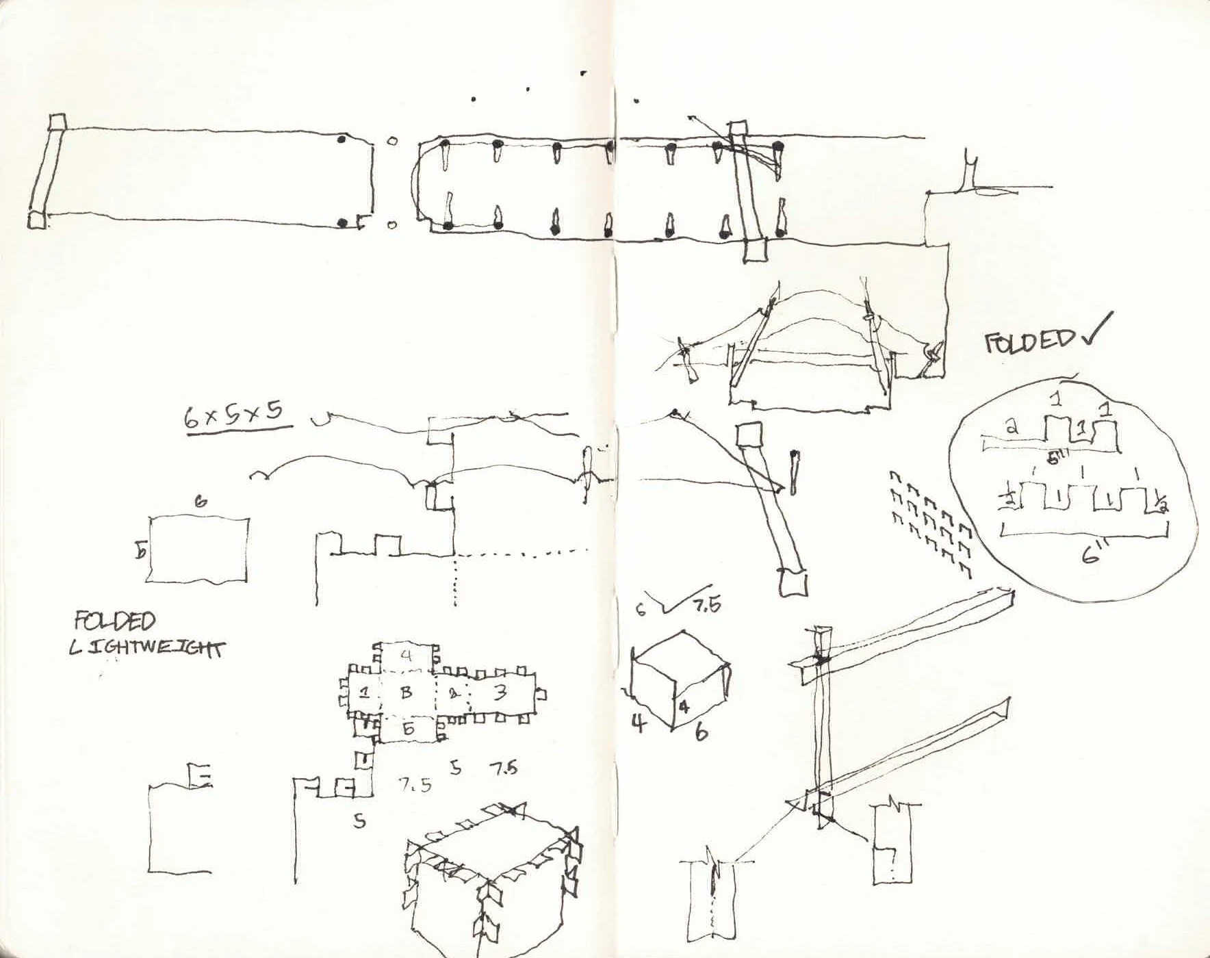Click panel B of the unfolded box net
click(406, 692)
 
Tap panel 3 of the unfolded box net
click(500, 692)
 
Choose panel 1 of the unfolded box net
click(365, 692)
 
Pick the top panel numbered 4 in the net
click(407, 655)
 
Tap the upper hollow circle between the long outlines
click(391, 142)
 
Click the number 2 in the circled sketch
click(1012, 427)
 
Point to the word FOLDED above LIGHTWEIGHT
click(115, 620)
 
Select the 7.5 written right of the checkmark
click(707, 605)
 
